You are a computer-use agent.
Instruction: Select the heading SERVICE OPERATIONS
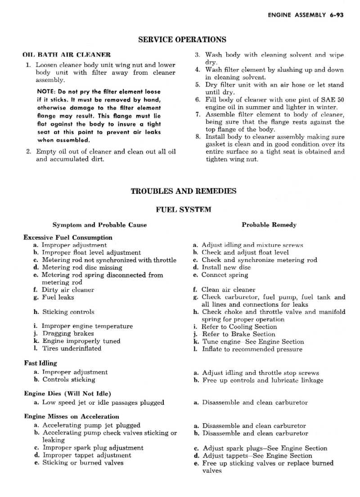pyautogui.click(x=182, y=40)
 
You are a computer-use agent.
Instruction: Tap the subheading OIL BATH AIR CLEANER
pyautogui.click(x=67, y=55)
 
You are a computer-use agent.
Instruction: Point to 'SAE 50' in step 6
pyautogui.click(x=333, y=99)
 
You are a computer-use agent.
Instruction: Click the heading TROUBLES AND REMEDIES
pyautogui.click(x=183, y=191)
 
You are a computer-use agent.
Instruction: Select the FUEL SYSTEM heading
pyautogui.click(x=183, y=209)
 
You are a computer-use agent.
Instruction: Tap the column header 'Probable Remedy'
pyautogui.click(x=269, y=224)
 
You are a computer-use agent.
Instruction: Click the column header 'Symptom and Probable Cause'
pyautogui.click(x=99, y=224)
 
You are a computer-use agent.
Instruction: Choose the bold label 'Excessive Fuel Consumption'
pyautogui.click(x=68, y=237)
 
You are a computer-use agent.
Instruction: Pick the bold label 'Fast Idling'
pyautogui.click(x=40, y=363)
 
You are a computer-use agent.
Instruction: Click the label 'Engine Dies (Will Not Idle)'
pyautogui.click(x=67, y=394)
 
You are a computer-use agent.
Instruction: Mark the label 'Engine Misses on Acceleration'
pyautogui.click(x=72, y=416)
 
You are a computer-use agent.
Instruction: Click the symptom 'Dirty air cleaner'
pyautogui.click(x=67, y=290)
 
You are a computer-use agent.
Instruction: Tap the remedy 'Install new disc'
pyautogui.click(x=226, y=267)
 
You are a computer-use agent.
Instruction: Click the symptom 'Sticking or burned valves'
pyautogui.click(x=82, y=462)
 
